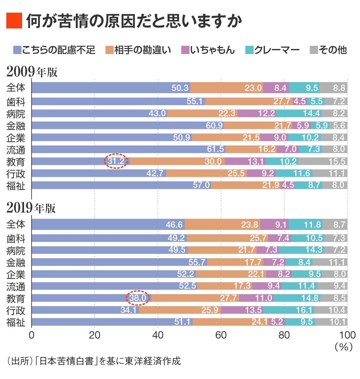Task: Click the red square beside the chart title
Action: [14, 21]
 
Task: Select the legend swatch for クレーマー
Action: [249, 50]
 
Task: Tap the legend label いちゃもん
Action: [213, 50]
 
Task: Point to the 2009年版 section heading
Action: [32, 72]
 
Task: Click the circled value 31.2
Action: [116, 161]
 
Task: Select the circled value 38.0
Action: [138, 298]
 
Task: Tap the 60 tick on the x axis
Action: [221, 335]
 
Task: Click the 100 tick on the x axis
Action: [347, 335]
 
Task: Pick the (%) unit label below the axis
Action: [343, 347]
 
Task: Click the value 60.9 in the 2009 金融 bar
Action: [214, 126]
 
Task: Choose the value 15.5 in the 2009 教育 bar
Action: [337, 161]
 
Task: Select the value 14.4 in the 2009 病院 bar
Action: [311, 113]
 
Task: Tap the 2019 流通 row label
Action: [15, 286]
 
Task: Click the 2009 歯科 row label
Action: [15, 102]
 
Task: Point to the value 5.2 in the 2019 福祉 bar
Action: [277, 322]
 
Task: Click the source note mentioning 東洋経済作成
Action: [93, 361]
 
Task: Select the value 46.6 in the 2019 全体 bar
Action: [174, 225]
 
